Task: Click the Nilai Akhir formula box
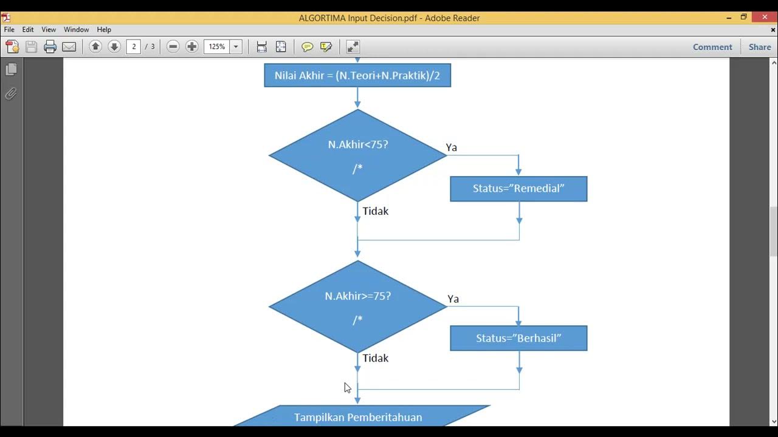357,75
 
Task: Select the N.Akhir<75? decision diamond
357,155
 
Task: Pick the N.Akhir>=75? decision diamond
357,307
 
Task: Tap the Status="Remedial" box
518,189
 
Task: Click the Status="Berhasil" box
518,338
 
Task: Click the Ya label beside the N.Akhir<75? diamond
452,147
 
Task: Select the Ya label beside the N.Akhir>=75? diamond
453,299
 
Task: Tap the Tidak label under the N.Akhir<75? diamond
376,211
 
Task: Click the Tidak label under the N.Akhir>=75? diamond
376,358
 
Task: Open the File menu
9,29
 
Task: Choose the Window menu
77,29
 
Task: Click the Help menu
104,29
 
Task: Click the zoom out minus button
173,47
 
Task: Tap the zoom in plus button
192,47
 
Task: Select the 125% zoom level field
217,47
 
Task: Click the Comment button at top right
712,47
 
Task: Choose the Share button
760,47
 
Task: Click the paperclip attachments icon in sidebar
11,93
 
